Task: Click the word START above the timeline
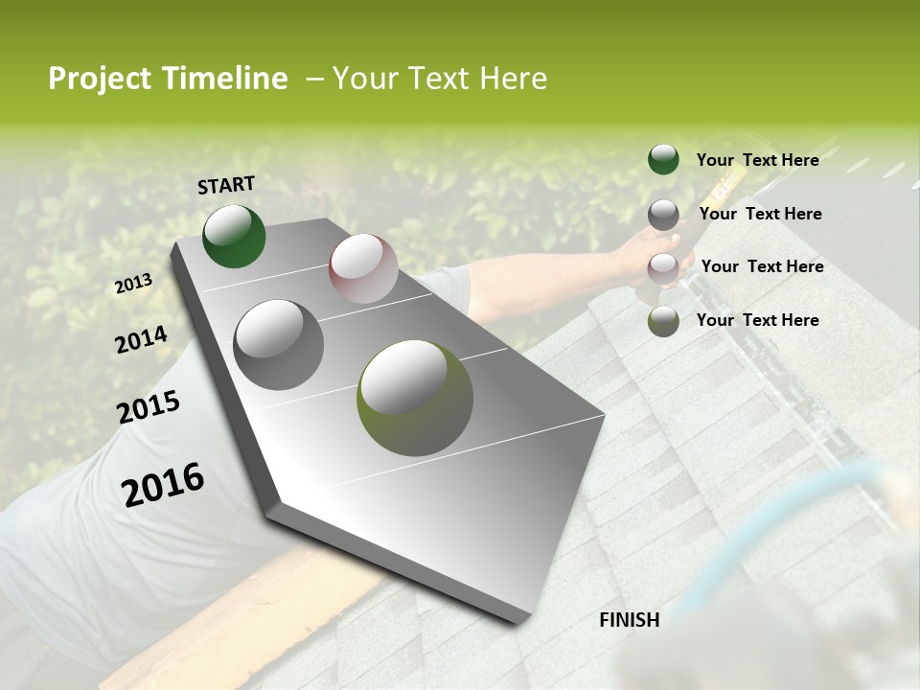(x=226, y=185)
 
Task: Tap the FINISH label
(x=629, y=620)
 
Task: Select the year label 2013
(x=134, y=283)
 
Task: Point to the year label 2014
(x=141, y=339)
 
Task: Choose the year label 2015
(x=149, y=406)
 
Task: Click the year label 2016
(x=163, y=483)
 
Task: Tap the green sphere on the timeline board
(x=234, y=236)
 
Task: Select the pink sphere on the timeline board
(x=363, y=268)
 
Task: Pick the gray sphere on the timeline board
(x=279, y=344)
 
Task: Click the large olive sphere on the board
(x=415, y=398)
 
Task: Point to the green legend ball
(x=663, y=159)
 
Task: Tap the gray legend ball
(x=663, y=215)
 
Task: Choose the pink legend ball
(x=663, y=268)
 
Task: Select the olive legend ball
(x=663, y=321)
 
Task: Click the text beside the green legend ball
(x=757, y=160)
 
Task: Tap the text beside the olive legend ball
(x=757, y=320)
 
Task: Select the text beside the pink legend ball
(x=762, y=266)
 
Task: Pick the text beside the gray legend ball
(x=760, y=214)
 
